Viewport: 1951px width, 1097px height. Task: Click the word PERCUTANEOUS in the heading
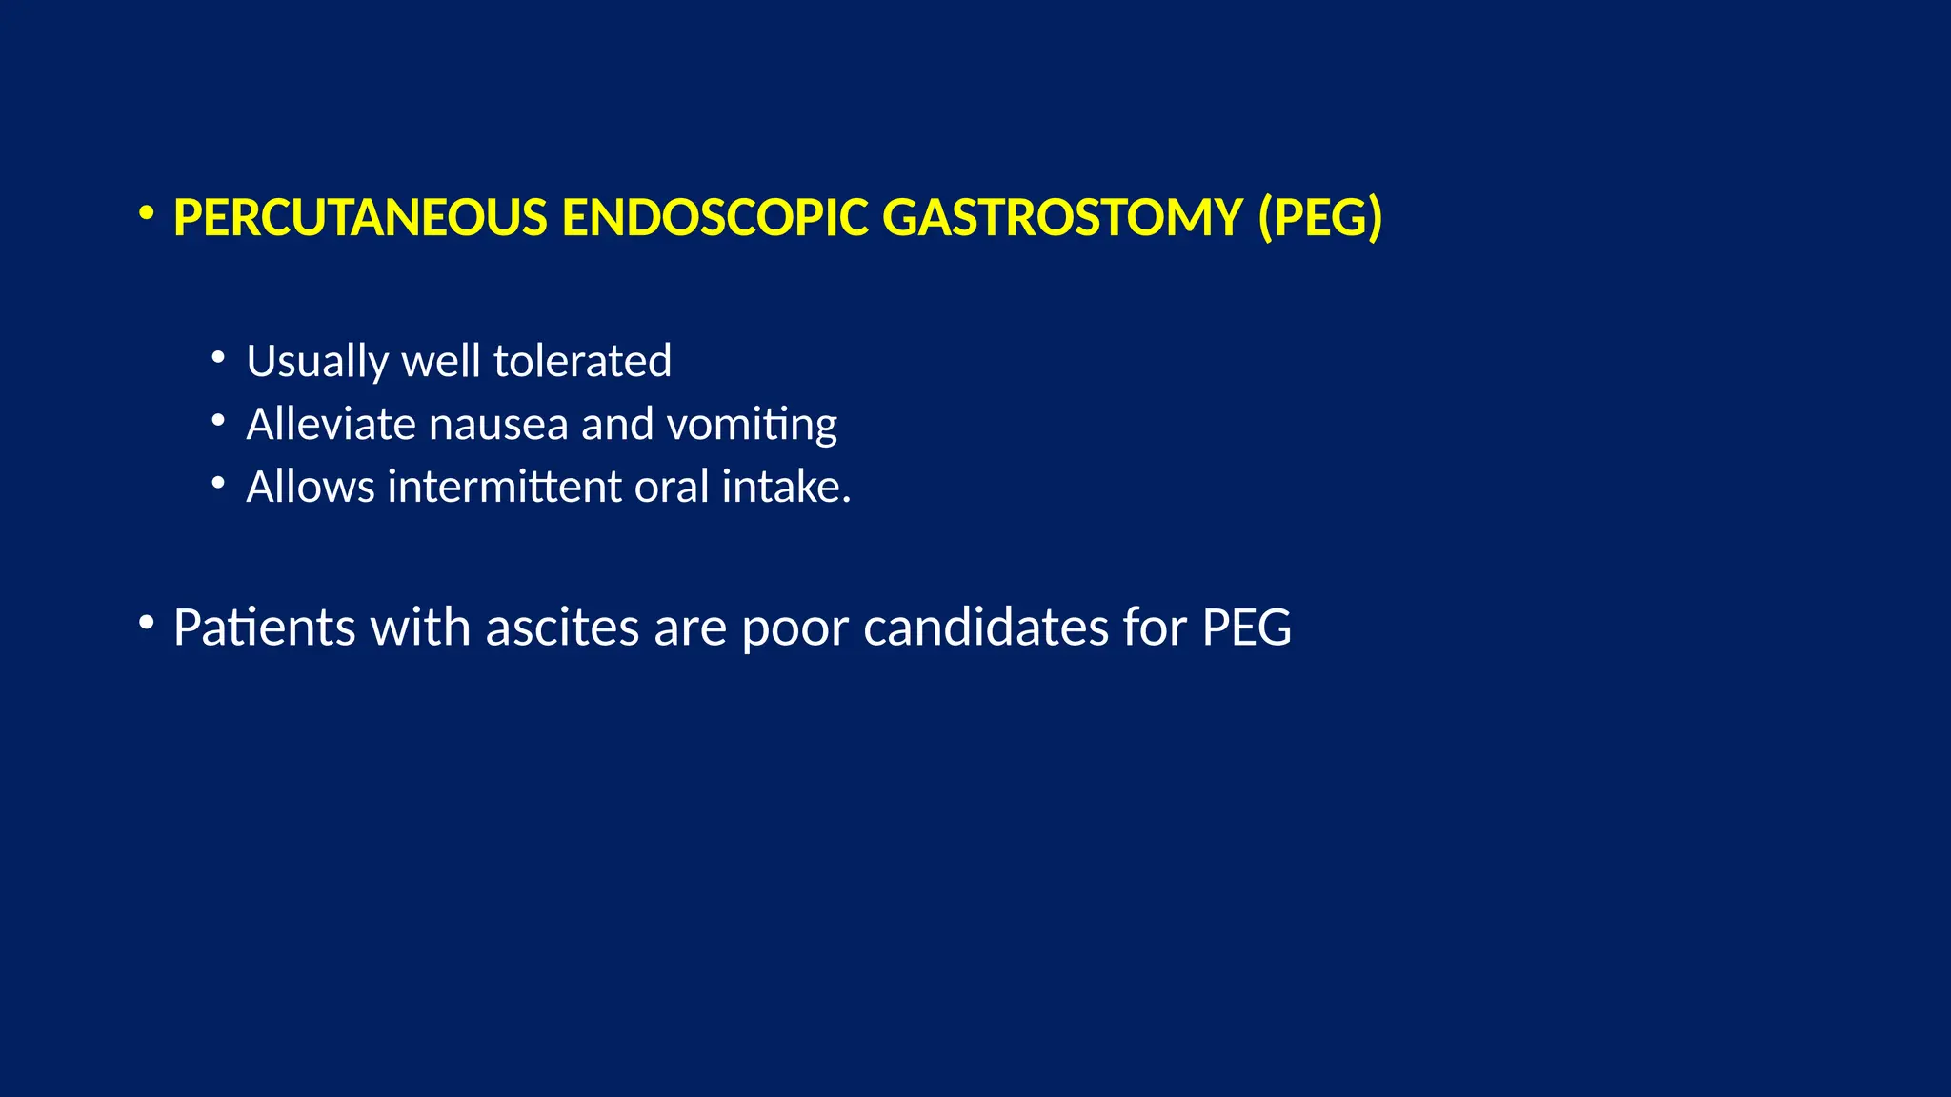coord(360,218)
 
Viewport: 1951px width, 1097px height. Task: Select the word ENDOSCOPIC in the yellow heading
coord(714,218)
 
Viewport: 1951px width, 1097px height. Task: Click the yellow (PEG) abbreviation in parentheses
coord(1320,218)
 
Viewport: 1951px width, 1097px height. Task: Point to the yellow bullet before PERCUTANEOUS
coord(146,214)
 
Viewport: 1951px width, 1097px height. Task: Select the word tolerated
coord(582,362)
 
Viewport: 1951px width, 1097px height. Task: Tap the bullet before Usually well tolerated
coord(218,358)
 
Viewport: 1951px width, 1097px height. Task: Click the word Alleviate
coord(331,425)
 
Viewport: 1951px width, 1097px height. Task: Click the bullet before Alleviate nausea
coord(218,421)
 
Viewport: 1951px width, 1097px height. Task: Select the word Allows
coord(311,488)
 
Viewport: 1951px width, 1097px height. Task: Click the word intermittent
coord(505,488)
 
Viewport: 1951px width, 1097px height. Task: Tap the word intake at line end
coord(781,488)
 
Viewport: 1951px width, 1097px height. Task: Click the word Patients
coord(264,628)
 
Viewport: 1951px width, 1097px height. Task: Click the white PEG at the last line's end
coord(1246,628)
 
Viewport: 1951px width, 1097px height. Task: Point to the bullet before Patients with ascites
coord(146,624)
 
